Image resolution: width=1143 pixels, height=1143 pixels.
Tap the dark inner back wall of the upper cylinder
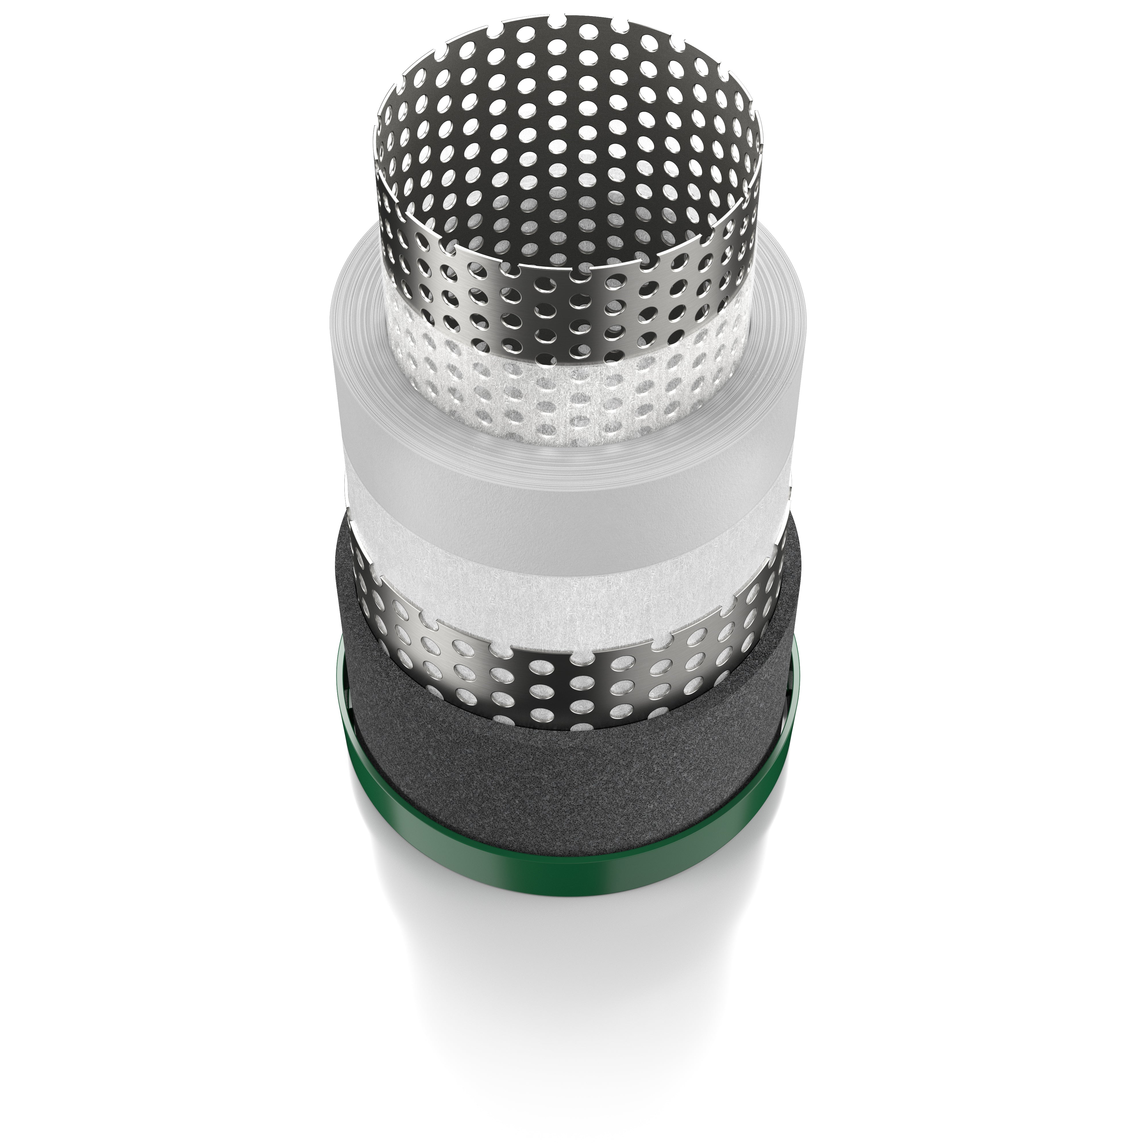point(568,148)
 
